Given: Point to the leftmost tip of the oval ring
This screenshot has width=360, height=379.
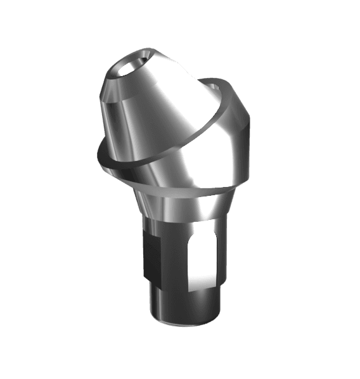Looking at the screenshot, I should (97, 152).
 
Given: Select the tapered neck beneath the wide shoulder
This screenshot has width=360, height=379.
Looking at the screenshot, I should (190, 206).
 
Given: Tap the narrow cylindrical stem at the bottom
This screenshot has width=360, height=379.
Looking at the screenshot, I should (184, 307).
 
